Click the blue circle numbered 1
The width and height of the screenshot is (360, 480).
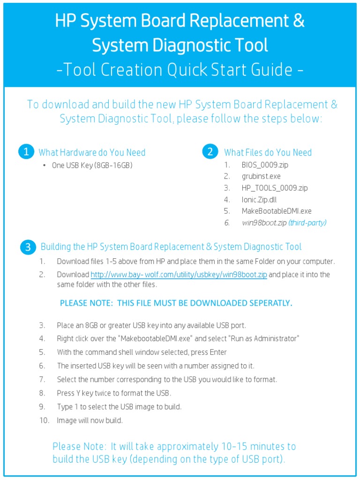point(26,152)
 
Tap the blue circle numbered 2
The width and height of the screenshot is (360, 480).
point(210,151)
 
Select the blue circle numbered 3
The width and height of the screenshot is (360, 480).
point(28,247)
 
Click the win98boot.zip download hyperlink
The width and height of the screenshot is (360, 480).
point(179,275)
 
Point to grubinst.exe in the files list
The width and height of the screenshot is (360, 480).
point(261,177)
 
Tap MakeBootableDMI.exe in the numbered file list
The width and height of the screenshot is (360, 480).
point(277,211)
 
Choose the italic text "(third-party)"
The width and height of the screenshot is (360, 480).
point(307,223)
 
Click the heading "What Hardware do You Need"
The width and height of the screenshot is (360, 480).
point(92,152)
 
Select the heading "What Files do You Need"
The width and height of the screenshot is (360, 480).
point(268,152)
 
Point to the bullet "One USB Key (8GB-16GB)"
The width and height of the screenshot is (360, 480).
point(92,165)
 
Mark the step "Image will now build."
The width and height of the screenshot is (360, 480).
point(90,420)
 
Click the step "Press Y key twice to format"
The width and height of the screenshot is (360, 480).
point(114,393)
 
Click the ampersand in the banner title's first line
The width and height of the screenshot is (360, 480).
point(298,21)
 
